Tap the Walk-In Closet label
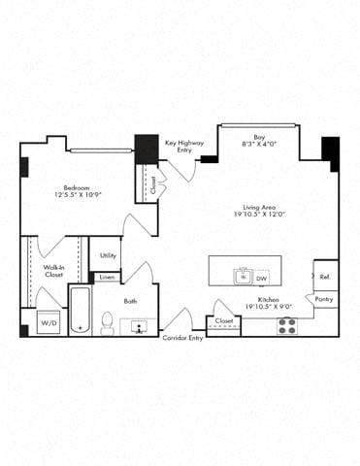[x=54, y=271]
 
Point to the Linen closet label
[x=107, y=278]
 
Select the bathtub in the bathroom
[x=80, y=312]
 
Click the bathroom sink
[x=139, y=326]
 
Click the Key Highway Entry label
[x=184, y=146]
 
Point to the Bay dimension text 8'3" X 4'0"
[x=259, y=144]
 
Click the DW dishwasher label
[x=261, y=279]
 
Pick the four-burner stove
[x=286, y=325]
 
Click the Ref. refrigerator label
[x=325, y=277]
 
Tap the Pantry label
[x=325, y=300]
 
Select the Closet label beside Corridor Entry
[x=224, y=320]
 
